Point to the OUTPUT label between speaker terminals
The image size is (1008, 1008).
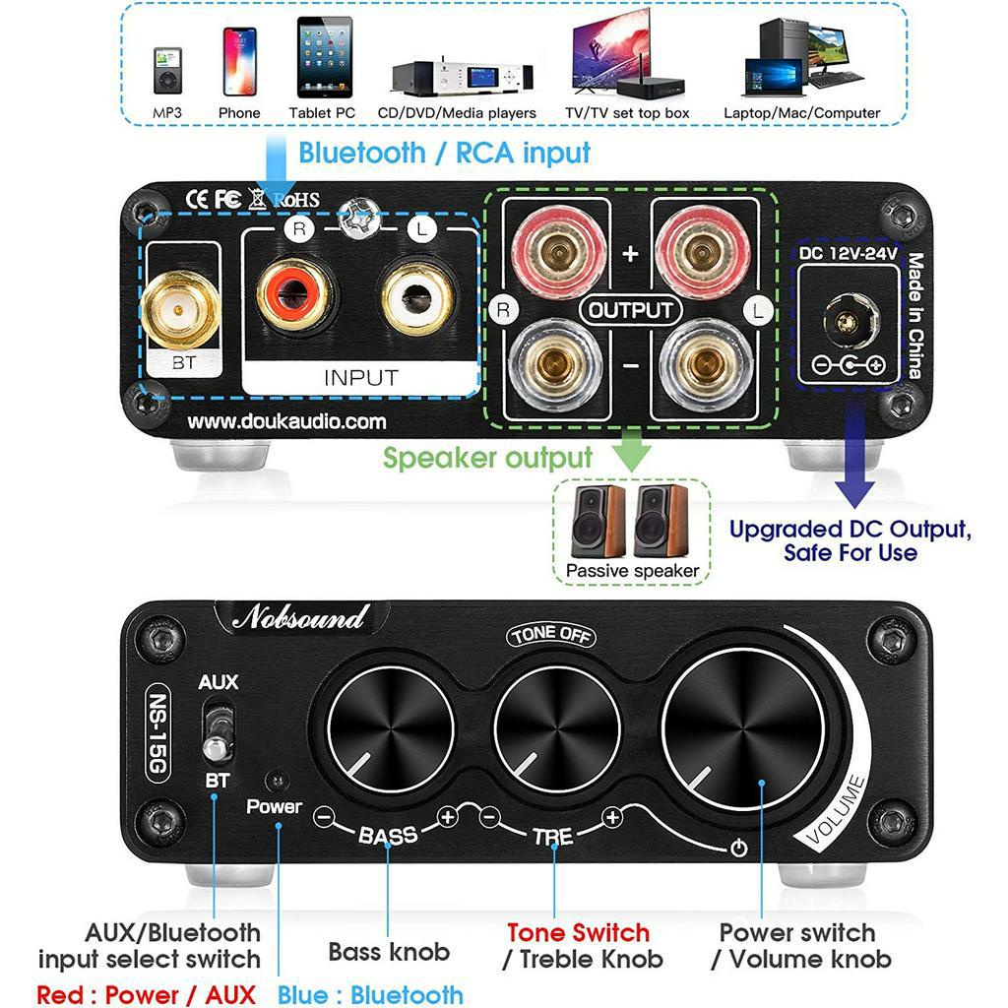[x=631, y=310]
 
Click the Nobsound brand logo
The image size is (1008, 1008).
[x=299, y=618]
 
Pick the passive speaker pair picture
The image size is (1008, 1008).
[x=631, y=522]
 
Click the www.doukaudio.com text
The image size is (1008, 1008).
[x=287, y=421]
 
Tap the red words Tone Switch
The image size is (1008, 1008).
[x=578, y=932]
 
